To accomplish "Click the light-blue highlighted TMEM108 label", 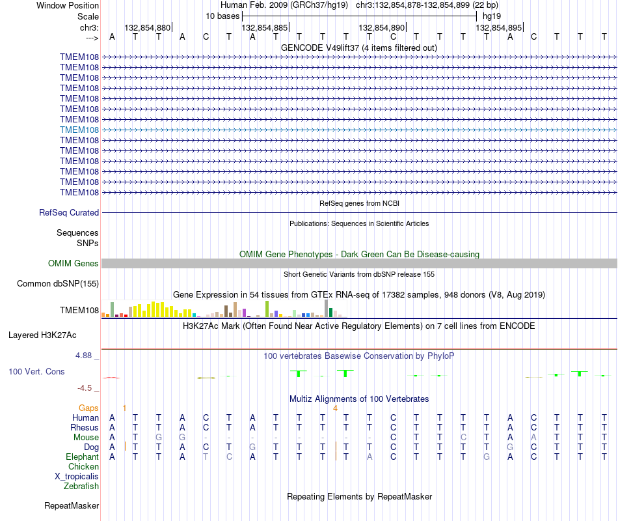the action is [79, 130].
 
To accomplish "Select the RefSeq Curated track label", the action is [69, 212].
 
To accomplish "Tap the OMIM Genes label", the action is [74, 263].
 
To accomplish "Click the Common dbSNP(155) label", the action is [58, 283].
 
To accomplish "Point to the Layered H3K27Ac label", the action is [42, 335].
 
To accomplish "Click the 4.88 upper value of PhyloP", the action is [83, 355].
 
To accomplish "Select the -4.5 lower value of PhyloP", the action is [85, 388].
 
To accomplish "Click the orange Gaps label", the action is [88, 408].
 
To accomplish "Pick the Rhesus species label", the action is [85, 427].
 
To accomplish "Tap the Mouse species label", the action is [87, 438].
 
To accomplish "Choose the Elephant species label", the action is [83, 457].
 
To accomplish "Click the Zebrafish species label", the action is [81, 486].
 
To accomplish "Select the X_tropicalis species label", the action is [77, 477].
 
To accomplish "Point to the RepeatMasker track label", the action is [72, 505].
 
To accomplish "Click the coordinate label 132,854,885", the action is [265, 27].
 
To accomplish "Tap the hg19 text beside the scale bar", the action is [492, 16].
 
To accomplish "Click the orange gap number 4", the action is [335, 408].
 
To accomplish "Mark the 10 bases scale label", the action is [222, 16].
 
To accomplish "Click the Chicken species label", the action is [83, 466].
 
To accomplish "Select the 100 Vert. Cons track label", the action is [36, 371].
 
